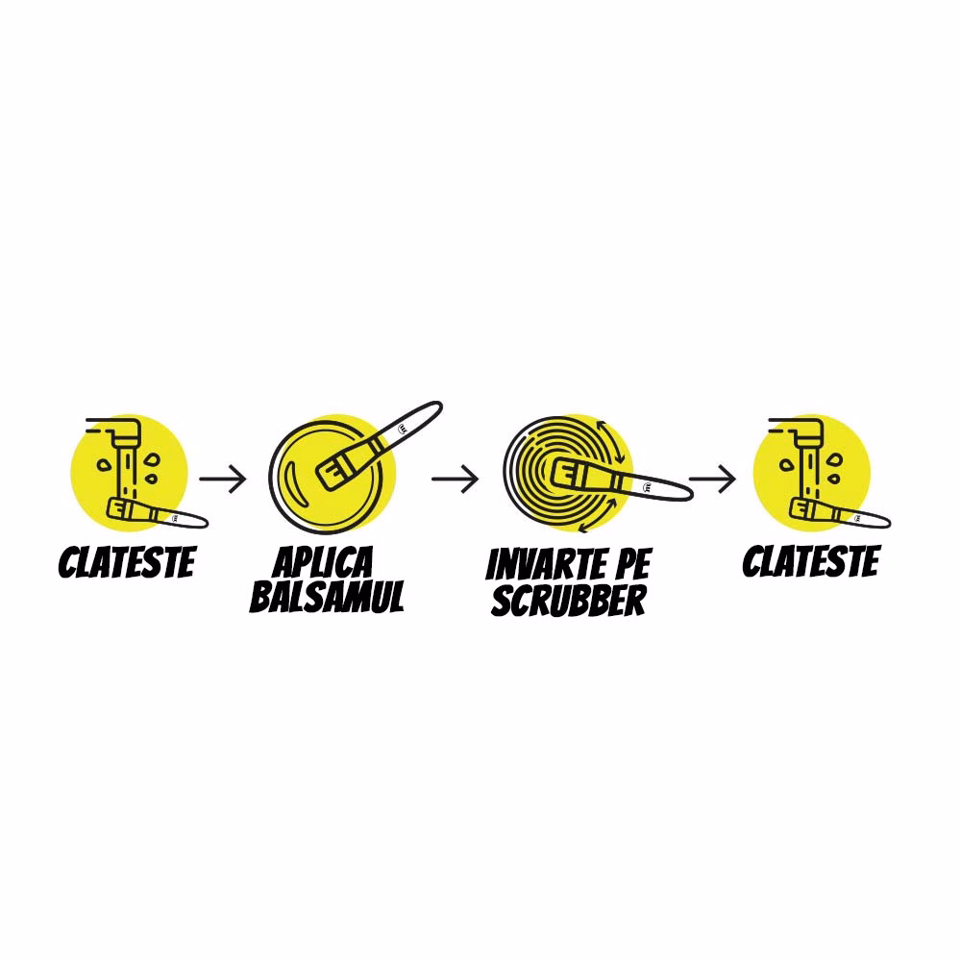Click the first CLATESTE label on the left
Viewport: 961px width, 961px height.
point(127,562)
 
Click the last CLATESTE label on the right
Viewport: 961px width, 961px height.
point(811,561)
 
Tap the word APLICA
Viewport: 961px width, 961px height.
point(323,562)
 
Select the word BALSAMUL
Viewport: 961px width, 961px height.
point(328,597)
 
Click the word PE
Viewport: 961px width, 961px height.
point(631,564)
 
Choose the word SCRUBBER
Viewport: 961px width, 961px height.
point(569,600)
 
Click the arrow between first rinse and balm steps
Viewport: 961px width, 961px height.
point(223,479)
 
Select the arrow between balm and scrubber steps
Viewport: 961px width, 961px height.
point(455,479)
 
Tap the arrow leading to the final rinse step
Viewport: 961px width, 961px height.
point(712,479)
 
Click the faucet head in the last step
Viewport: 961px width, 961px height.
point(809,432)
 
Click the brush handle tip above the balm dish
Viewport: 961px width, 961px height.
point(437,406)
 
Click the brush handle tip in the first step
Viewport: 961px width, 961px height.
point(204,524)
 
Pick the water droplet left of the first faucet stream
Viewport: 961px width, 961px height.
point(104,464)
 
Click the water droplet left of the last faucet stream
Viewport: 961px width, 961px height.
point(786,464)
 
